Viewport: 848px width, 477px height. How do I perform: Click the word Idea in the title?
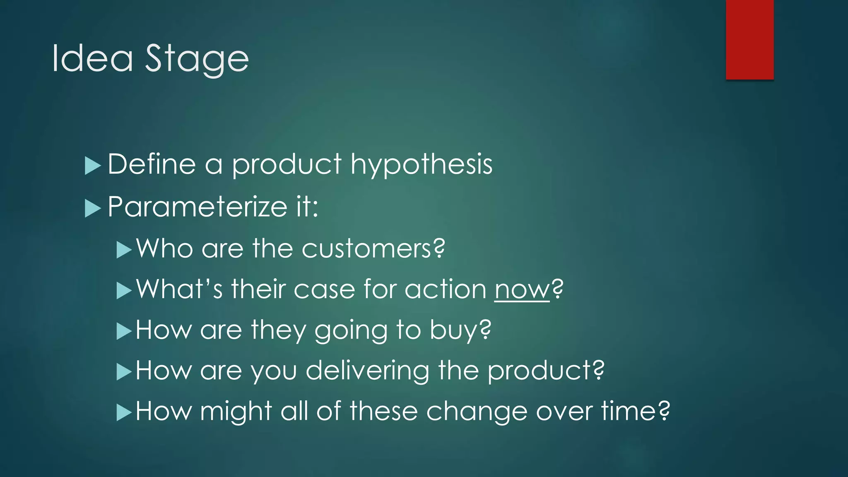(x=92, y=58)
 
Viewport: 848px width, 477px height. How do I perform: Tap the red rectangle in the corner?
(x=749, y=39)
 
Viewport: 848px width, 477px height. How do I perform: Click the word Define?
(x=152, y=164)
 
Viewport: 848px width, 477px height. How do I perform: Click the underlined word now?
(x=522, y=289)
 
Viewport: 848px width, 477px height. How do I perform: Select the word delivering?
(x=367, y=371)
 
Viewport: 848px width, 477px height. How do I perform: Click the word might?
(x=236, y=411)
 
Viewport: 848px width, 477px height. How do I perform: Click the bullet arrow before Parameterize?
(x=92, y=208)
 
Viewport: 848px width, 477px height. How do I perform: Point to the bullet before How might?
(x=123, y=412)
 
